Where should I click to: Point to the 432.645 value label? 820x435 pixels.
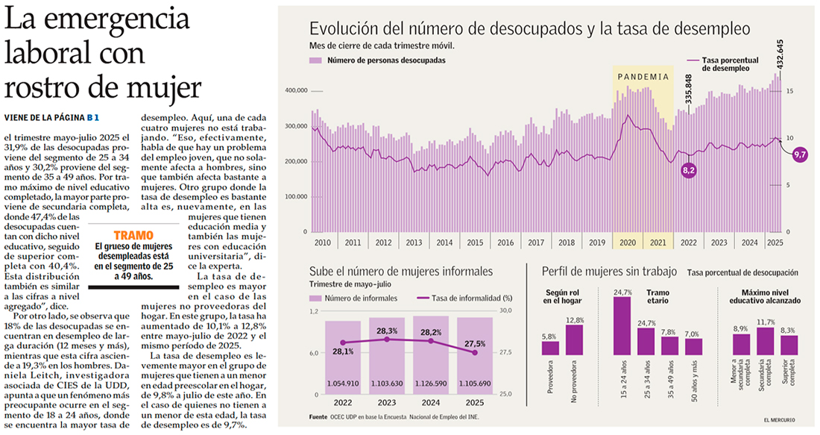pos(801,60)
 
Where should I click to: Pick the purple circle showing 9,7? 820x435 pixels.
pos(800,154)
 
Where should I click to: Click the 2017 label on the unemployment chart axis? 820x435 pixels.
pos(534,242)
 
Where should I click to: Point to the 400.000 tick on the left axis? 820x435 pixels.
pos(296,90)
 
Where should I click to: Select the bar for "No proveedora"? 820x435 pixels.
pos(574,340)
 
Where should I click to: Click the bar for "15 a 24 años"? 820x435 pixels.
pos(622,327)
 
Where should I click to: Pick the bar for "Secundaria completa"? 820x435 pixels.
pos(766,341)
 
